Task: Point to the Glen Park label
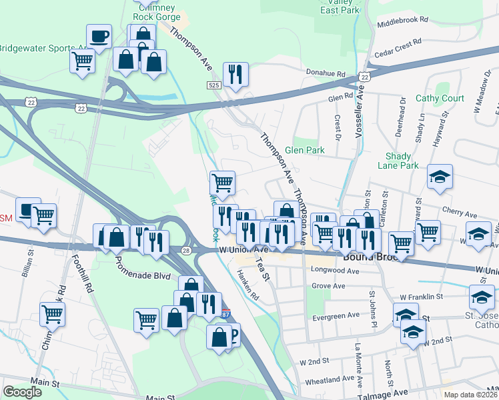[305, 150]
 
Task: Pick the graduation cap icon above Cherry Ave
[440, 177]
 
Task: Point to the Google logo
[22, 392]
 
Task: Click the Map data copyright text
[470, 395]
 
